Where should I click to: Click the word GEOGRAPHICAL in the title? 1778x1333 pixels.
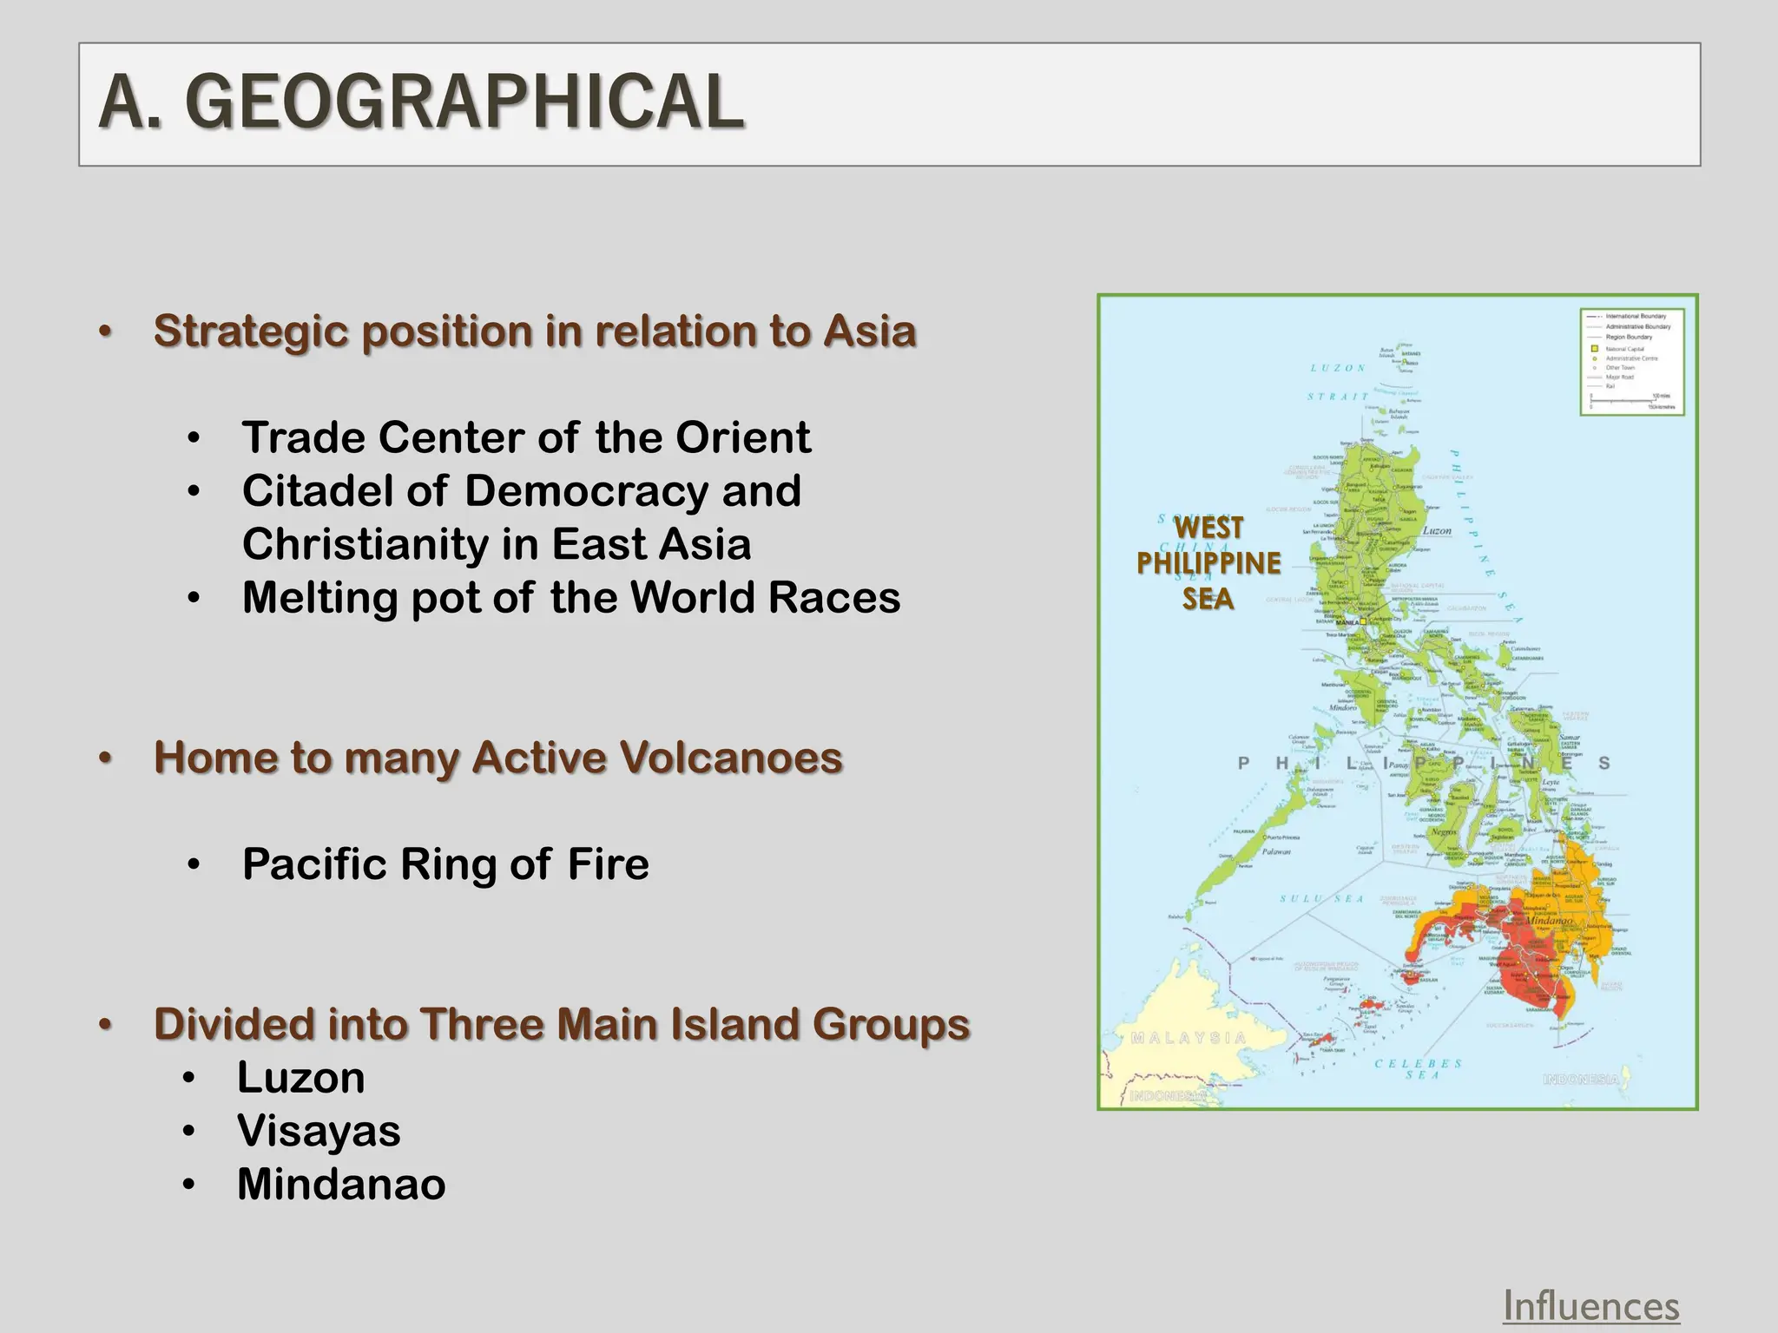464,102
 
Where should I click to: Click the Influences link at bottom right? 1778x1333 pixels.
1590,1306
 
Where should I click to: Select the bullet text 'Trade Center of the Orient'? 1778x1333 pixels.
526,437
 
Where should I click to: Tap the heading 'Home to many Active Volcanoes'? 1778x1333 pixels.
497,758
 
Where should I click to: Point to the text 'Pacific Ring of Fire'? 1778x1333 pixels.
445,864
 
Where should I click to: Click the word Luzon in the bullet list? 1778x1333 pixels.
301,1078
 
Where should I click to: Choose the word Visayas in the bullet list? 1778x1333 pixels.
319,1131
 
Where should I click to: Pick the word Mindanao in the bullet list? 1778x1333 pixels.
341,1185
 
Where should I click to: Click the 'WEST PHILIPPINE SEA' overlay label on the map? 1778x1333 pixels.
1208,563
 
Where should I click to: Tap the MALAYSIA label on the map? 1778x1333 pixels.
1189,1038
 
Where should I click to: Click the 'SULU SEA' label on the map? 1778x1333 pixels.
1321,898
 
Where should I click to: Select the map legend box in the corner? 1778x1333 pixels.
1631,361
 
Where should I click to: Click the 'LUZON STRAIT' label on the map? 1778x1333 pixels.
1338,382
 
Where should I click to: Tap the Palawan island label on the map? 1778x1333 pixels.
1276,851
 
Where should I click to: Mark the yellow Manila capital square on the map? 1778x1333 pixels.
1363,621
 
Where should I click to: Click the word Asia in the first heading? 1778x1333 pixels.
869,332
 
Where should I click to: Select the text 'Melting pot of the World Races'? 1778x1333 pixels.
571,598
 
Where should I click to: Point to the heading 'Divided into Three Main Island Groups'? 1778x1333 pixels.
562,1024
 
